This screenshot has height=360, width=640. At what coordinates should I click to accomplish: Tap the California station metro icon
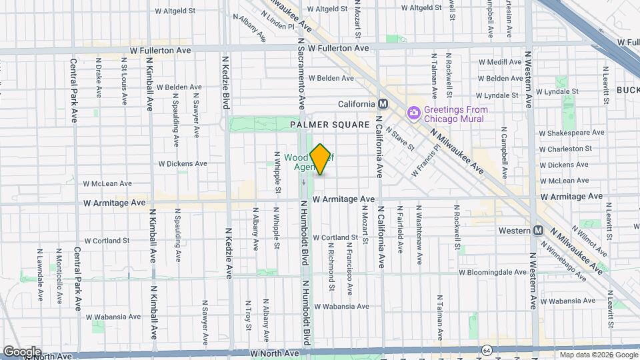pyautogui.click(x=383, y=104)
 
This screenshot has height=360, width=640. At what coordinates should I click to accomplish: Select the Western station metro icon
pyautogui.click(x=538, y=230)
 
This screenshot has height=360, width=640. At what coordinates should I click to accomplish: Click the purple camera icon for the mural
pyautogui.click(x=414, y=114)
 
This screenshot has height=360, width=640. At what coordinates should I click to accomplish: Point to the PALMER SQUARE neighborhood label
pyautogui.click(x=329, y=125)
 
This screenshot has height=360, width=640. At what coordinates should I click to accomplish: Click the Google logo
pyautogui.click(x=22, y=352)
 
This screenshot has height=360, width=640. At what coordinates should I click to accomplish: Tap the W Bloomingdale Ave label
pyautogui.click(x=493, y=272)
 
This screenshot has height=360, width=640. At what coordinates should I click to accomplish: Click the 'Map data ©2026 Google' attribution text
pyautogui.click(x=598, y=355)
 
